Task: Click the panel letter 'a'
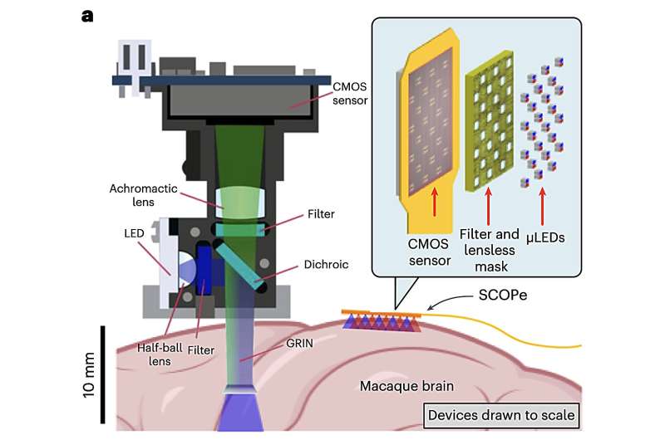(x=87, y=15)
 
